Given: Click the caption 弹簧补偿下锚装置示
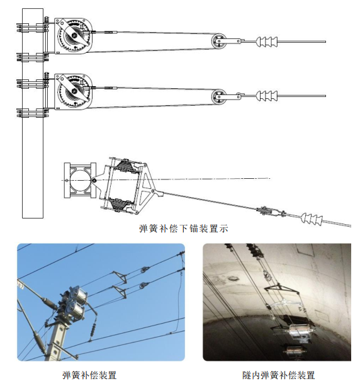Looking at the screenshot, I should [183, 229].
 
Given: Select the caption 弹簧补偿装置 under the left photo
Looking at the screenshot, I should [89, 375].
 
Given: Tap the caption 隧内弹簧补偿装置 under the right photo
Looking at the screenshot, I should [279, 375].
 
